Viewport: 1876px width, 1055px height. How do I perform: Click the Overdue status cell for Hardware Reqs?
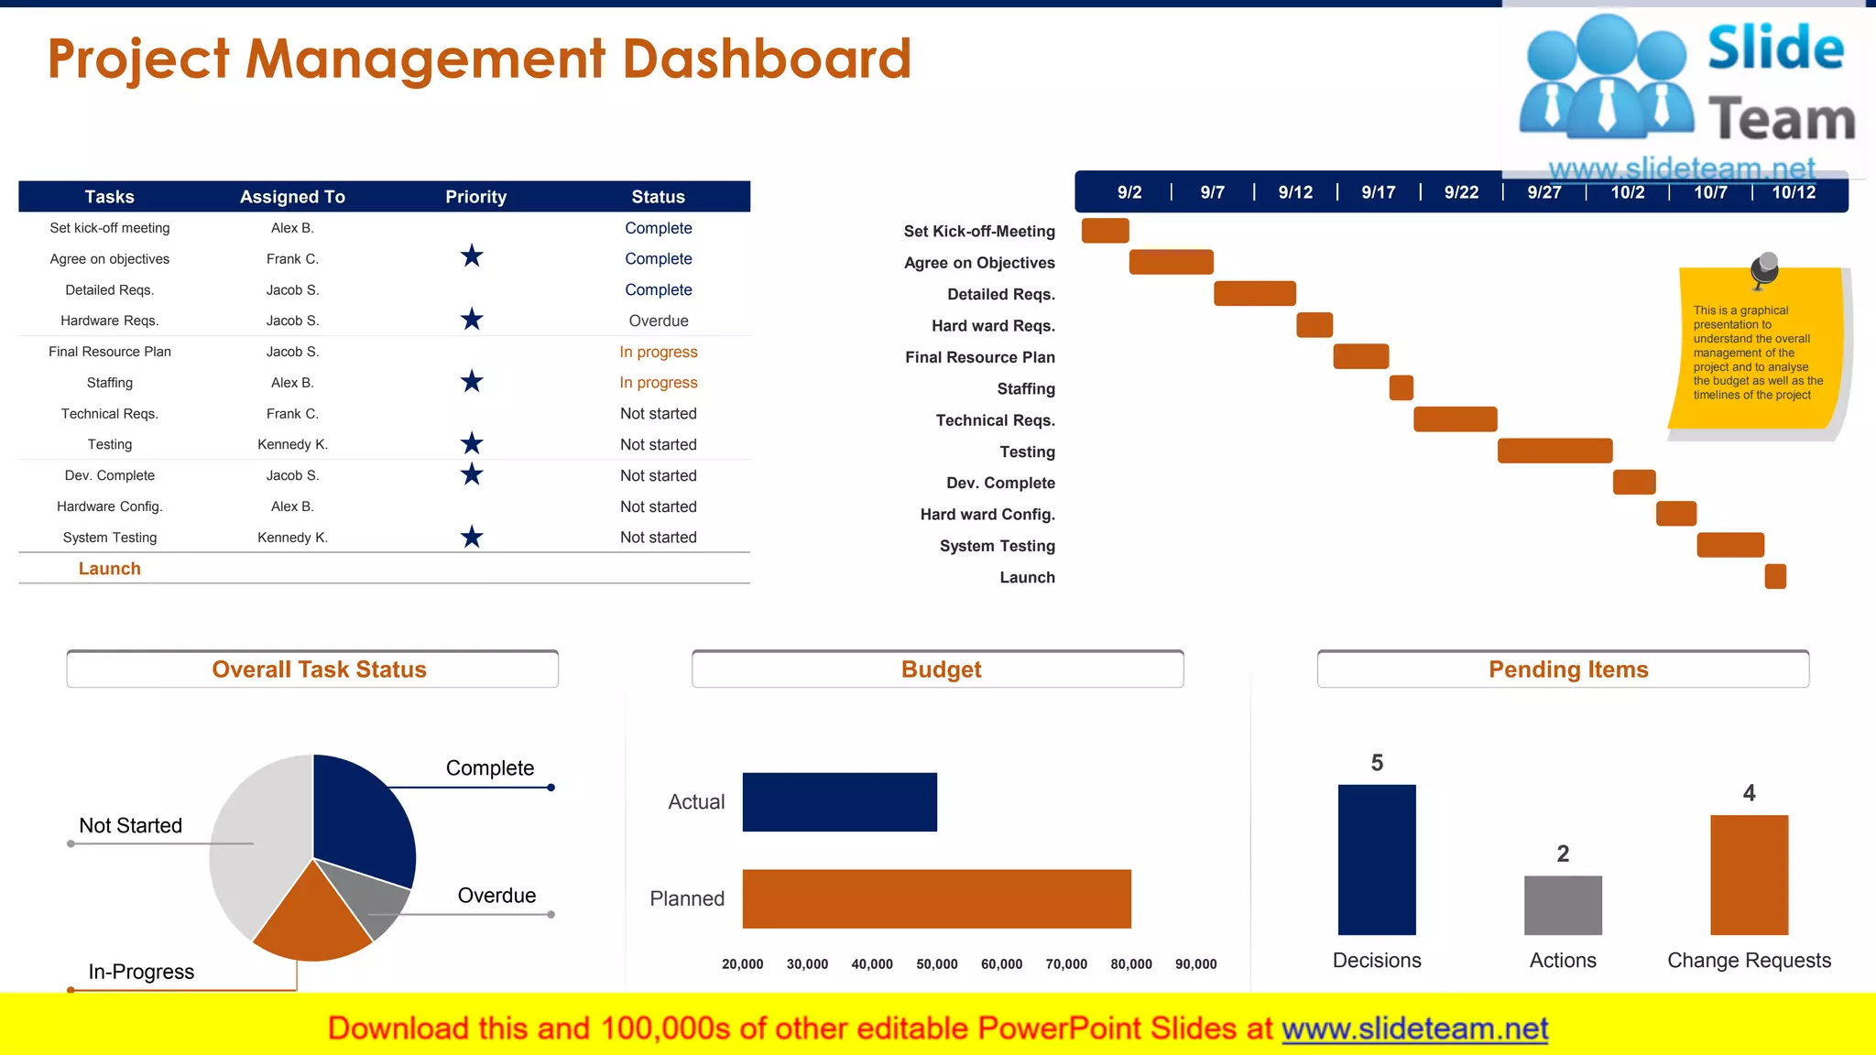tap(658, 321)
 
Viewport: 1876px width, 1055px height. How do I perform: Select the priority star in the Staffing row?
tap(472, 382)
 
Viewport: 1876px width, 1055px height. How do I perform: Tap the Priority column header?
tap(475, 197)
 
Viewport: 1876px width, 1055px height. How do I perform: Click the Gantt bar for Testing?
tap(1554, 451)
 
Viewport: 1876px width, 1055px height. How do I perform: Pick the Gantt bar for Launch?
tap(1775, 576)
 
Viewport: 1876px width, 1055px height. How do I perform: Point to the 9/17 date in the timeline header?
tap(1378, 192)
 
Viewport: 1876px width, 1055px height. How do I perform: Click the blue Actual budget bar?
tap(839, 802)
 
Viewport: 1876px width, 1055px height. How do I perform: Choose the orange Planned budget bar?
tap(936, 898)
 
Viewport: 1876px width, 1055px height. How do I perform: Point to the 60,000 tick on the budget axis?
tap(1001, 964)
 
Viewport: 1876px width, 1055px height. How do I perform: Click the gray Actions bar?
tap(1563, 905)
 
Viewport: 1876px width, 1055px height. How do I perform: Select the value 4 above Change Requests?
tap(1749, 793)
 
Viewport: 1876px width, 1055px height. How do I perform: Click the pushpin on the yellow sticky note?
tap(1764, 268)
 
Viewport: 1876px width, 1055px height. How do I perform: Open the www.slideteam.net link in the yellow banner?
tap(1414, 1029)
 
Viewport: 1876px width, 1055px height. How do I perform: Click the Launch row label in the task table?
tap(110, 569)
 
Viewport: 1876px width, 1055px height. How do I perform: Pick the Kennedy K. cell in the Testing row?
tap(292, 444)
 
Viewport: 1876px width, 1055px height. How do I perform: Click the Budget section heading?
tap(941, 669)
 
